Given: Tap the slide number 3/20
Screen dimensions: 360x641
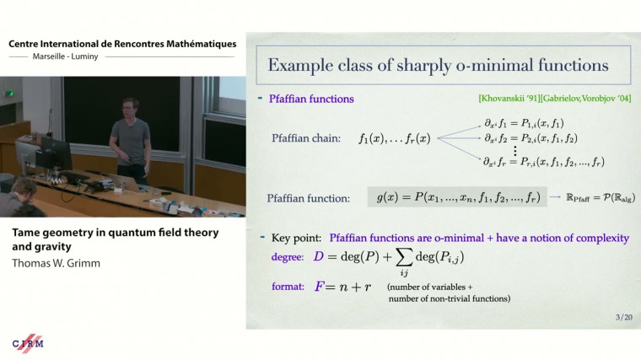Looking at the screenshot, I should tap(623, 317).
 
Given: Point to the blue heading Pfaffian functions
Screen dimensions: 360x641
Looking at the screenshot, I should tap(311, 99).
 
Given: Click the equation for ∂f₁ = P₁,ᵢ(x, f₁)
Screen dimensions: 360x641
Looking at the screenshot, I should tap(525, 123).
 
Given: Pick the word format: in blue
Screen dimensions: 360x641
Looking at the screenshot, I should tap(288, 287).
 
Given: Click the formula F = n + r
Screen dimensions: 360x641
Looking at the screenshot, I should tap(344, 287).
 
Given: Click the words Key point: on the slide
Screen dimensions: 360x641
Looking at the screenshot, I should tap(295, 239).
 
